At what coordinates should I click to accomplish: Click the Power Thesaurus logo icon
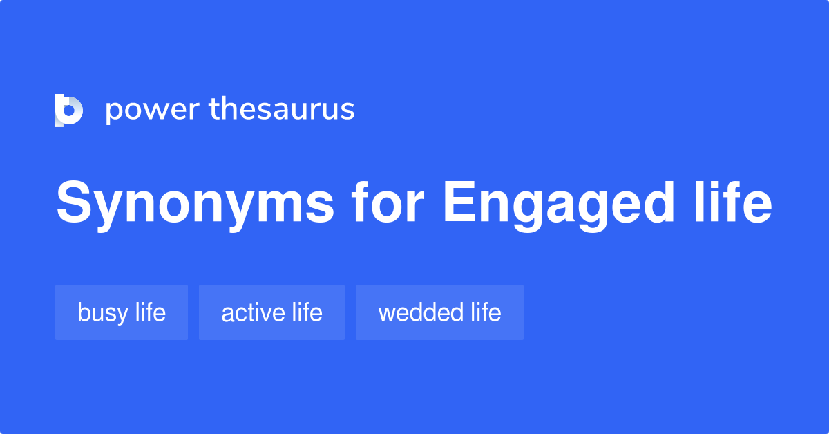69,111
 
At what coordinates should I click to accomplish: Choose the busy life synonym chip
122,312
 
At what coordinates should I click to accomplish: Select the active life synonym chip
271,312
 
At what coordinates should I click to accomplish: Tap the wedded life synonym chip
439,312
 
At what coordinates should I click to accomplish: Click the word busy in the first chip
103,313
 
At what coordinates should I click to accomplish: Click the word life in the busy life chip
151,312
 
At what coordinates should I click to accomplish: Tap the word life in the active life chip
307,312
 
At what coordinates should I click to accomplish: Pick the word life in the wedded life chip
486,312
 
